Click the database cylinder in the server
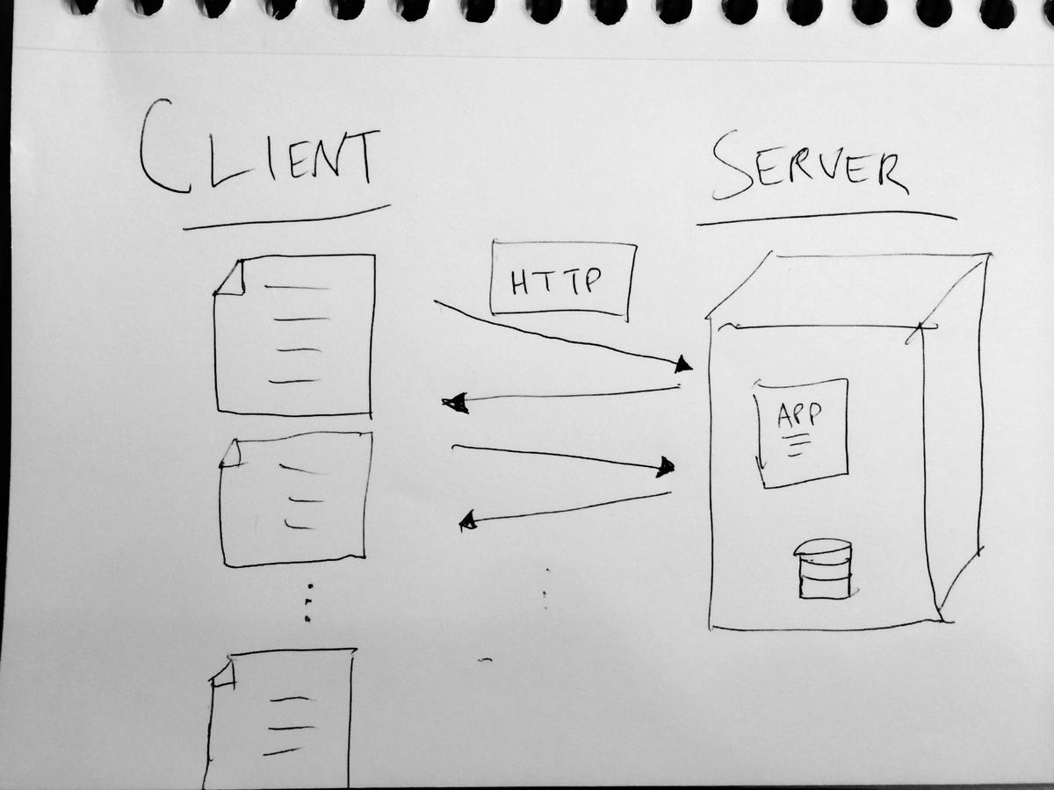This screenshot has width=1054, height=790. coord(824,569)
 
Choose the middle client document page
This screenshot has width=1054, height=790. coord(295,499)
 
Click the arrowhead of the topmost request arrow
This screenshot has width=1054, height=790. coord(682,363)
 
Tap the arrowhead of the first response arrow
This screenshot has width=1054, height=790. coord(455,404)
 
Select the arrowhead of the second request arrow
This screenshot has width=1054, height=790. coord(666,467)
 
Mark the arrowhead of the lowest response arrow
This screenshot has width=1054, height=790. coord(468,521)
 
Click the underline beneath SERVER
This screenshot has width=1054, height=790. coord(826,217)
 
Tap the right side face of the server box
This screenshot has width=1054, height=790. coord(953,439)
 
